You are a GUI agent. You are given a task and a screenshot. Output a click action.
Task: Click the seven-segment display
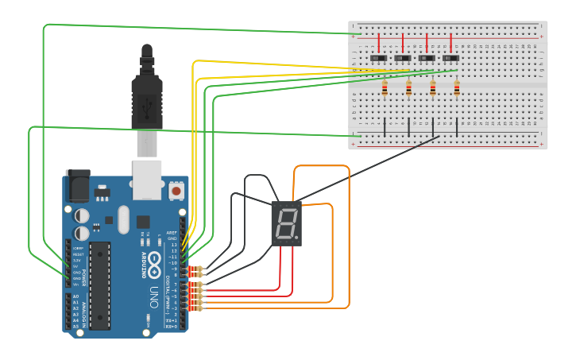click(286, 223)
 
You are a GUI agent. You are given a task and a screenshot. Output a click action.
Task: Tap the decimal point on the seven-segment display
click(297, 237)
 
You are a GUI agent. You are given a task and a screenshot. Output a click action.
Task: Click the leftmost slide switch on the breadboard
click(379, 58)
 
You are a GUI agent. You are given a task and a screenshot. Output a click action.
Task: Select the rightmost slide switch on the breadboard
click(450, 58)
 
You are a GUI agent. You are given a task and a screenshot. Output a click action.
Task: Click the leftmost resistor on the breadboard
click(385, 89)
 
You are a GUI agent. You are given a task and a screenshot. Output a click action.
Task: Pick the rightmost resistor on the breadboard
click(457, 89)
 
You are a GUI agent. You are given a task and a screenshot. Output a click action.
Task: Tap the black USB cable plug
click(147, 91)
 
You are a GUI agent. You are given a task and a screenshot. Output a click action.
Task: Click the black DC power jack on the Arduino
click(78, 187)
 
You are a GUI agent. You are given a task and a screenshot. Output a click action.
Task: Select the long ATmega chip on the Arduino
click(100, 285)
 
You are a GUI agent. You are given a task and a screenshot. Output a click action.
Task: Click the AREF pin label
click(172, 233)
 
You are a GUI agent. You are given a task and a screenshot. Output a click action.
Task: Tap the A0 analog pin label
click(75, 296)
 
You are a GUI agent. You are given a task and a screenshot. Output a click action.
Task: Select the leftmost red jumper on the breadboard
click(379, 41)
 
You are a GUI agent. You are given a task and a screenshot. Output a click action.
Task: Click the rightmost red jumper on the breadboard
click(450, 41)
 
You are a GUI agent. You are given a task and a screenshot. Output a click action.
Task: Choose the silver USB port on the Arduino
click(146, 178)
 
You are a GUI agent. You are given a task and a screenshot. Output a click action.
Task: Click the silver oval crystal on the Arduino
click(123, 219)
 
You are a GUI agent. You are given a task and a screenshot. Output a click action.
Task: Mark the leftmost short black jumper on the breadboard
click(385, 126)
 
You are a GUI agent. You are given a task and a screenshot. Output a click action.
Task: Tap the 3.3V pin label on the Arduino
click(76, 260)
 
